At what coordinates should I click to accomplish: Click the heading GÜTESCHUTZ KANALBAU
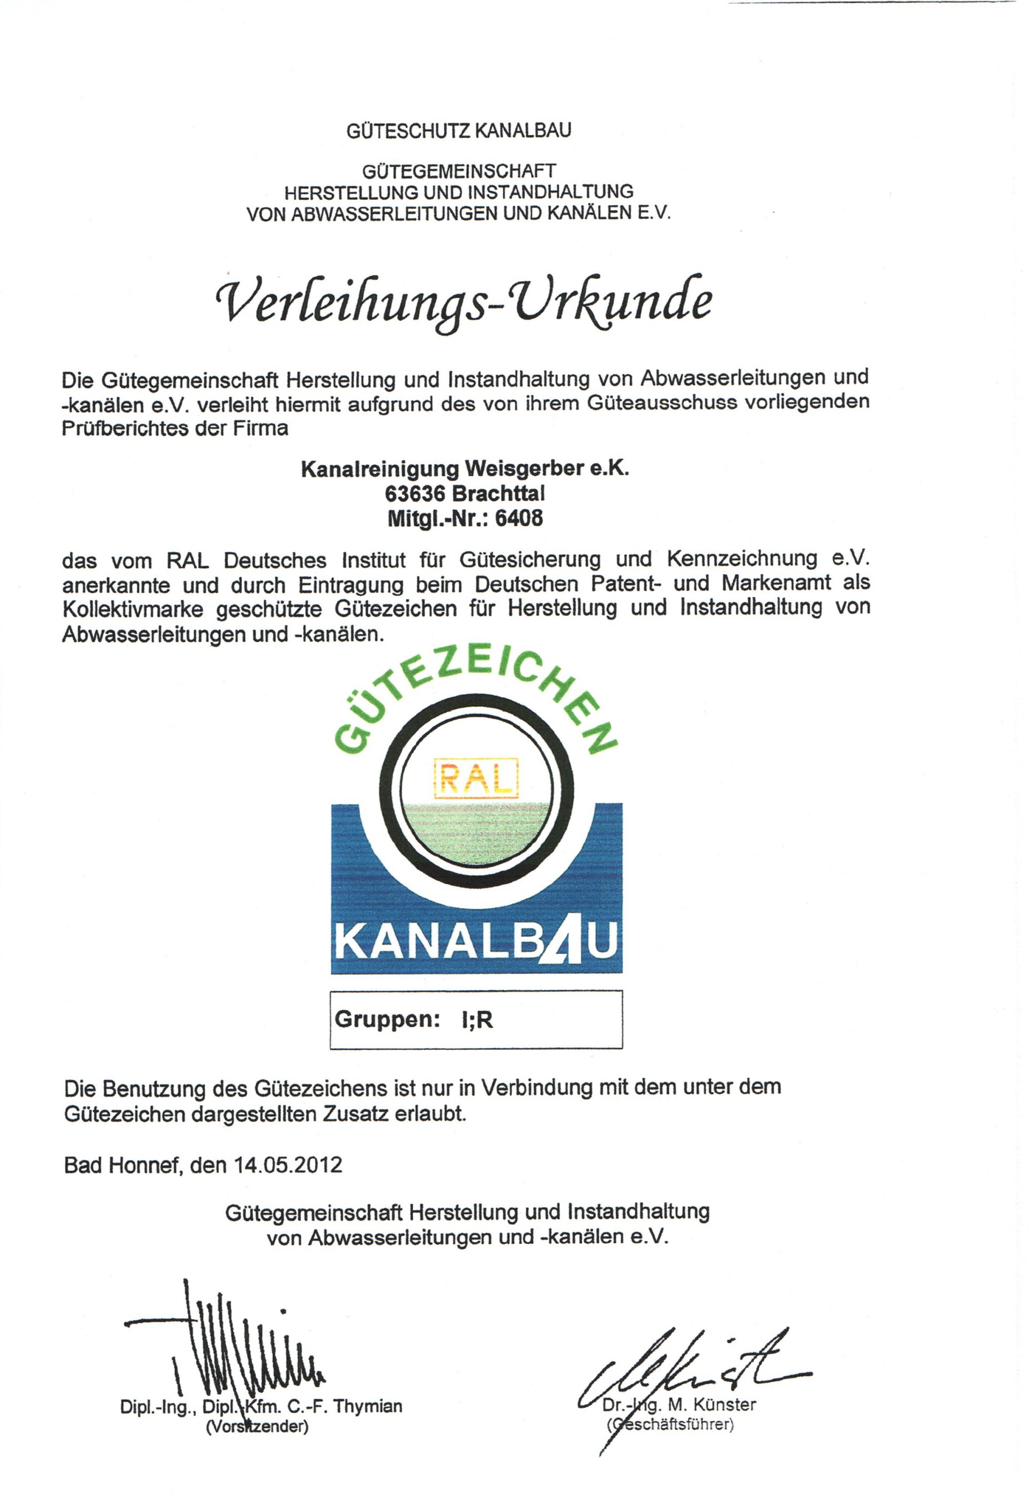458,131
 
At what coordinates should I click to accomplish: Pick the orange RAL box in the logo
477,778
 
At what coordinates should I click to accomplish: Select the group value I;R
477,1020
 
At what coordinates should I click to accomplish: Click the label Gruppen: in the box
387,1020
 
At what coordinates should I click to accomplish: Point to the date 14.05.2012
288,1165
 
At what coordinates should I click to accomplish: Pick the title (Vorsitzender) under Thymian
257,1426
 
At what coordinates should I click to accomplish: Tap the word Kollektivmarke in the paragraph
133,609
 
